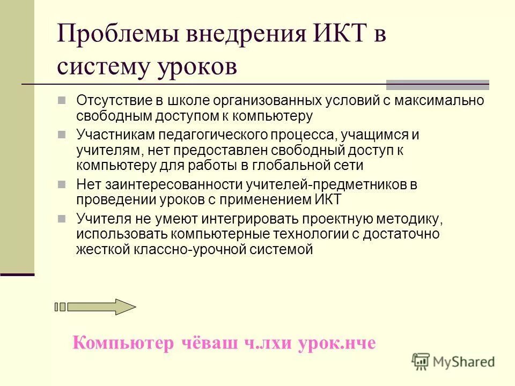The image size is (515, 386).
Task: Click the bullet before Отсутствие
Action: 62,100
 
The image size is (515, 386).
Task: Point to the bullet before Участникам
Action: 62,135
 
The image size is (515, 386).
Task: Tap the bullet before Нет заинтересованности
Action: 62,184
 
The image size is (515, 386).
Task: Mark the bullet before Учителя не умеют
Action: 62,218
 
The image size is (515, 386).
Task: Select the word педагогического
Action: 224,135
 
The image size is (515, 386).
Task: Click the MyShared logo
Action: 453,361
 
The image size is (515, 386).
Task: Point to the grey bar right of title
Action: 438,84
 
